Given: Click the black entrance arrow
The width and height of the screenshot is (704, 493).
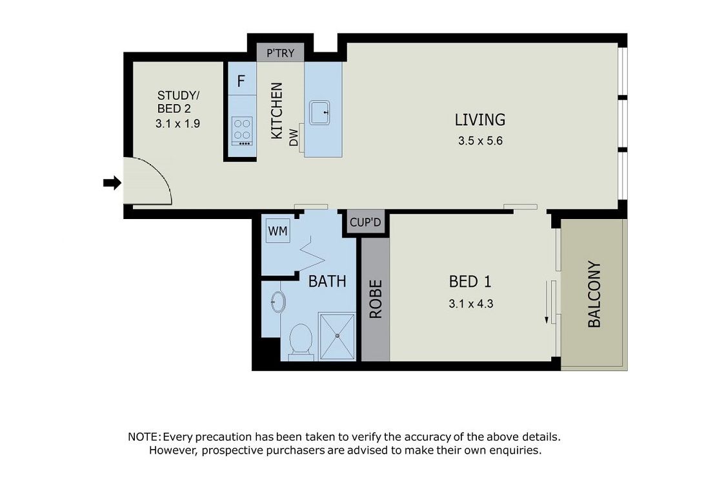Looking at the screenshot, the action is pyautogui.click(x=112, y=183).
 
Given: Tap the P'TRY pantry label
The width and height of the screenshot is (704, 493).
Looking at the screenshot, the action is pyautogui.click(x=281, y=53).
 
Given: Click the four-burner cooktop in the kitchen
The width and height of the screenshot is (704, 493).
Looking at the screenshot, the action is pyautogui.click(x=242, y=131).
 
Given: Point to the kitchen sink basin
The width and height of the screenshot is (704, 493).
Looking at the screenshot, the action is pyautogui.click(x=319, y=112).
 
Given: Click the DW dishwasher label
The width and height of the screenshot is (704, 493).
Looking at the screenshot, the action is pyautogui.click(x=293, y=138).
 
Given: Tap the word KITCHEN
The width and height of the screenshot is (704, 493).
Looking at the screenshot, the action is pyautogui.click(x=277, y=110).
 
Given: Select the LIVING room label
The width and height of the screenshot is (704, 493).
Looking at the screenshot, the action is pyautogui.click(x=480, y=120).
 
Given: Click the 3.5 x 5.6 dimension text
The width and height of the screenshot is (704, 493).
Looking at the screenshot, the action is pyautogui.click(x=480, y=141).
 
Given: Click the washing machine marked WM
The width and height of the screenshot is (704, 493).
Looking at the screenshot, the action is pyautogui.click(x=277, y=231).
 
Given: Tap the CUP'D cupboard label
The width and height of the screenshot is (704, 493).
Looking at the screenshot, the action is pyautogui.click(x=365, y=222).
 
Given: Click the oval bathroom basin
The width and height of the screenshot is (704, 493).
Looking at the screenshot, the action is pyautogui.click(x=278, y=302).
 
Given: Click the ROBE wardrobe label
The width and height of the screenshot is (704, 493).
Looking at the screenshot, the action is pyautogui.click(x=376, y=299).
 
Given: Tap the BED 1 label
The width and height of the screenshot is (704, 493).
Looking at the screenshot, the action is pyautogui.click(x=470, y=282).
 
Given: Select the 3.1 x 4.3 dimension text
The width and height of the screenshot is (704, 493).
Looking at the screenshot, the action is pyautogui.click(x=470, y=304).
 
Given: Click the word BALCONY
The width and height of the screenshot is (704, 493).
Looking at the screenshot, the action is pyautogui.click(x=594, y=295).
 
